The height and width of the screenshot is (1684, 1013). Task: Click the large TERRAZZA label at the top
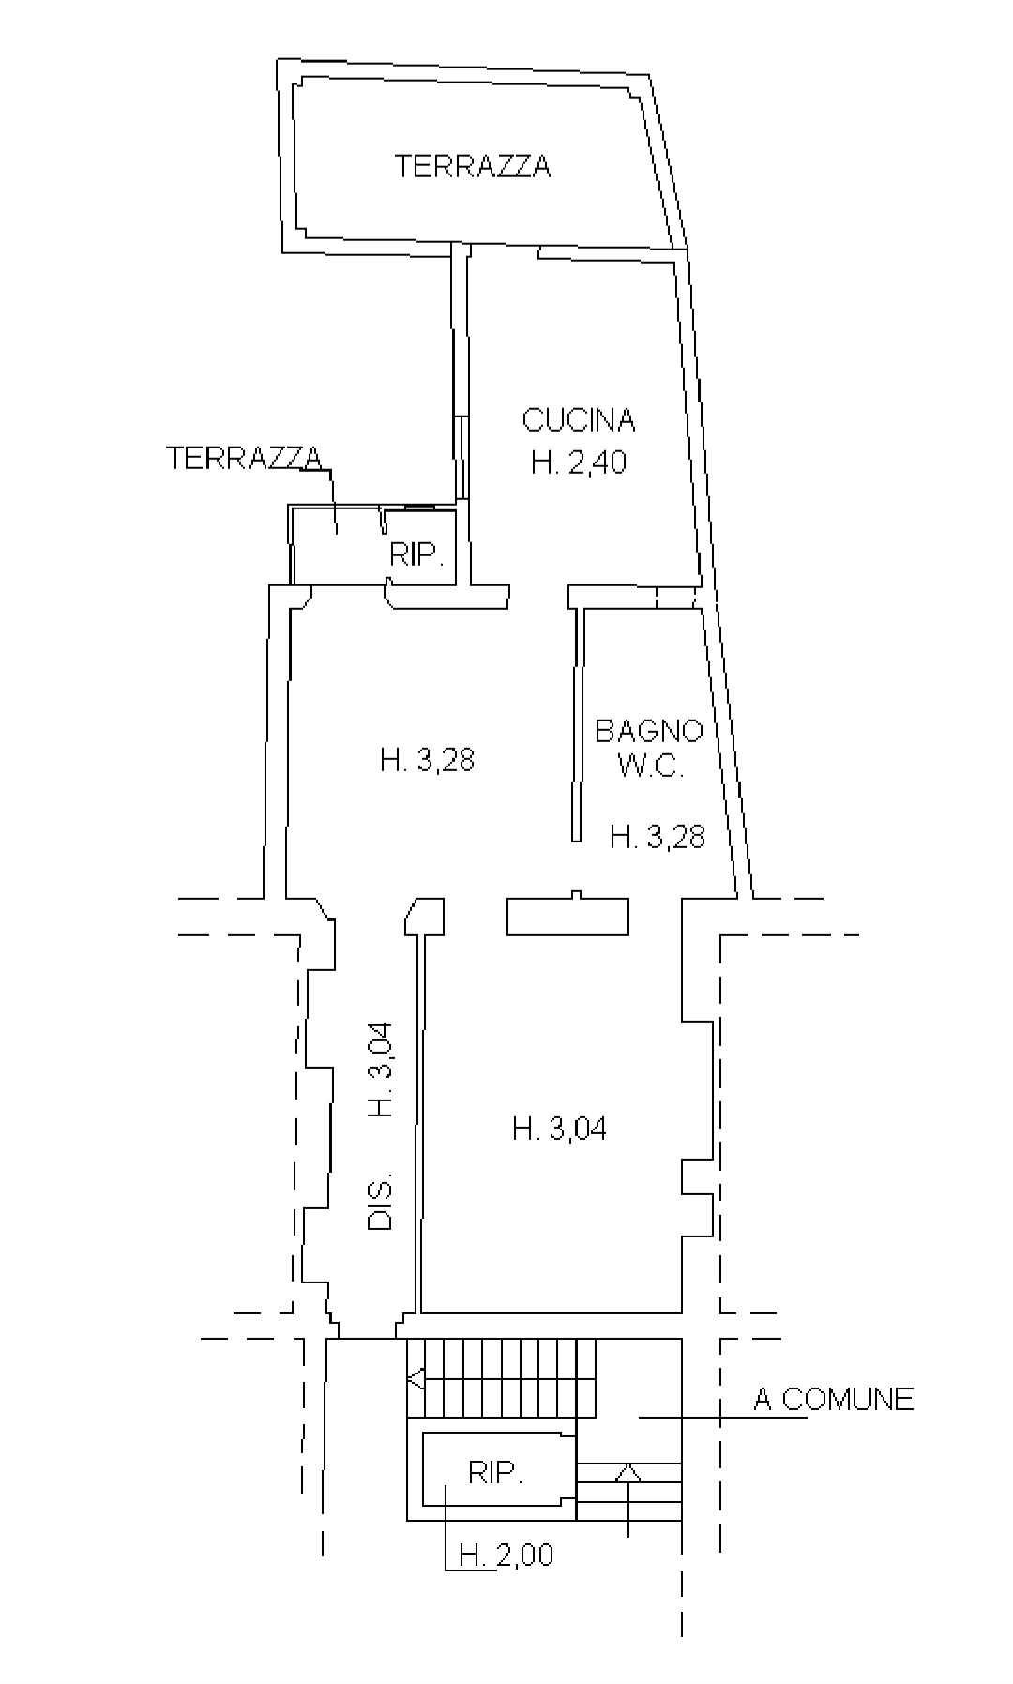[473, 166]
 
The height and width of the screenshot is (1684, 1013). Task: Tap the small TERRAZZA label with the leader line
[244, 458]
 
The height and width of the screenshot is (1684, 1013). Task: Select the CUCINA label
[579, 419]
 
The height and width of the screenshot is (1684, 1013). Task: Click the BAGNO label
[649, 730]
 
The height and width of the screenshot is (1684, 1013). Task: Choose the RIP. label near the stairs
[494, 1473]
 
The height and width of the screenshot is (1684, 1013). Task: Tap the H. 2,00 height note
[506, 1555]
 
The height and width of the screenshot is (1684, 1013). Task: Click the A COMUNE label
[834, 1400]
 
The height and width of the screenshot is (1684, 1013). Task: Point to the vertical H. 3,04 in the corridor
[380, 1070]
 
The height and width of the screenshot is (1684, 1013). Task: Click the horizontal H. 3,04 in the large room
[559, 1128]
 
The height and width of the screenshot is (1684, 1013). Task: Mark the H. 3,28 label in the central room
[428, 759]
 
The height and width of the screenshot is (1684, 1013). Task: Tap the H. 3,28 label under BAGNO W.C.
[658, 835]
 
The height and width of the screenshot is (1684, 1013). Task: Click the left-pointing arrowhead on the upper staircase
[416, 1378]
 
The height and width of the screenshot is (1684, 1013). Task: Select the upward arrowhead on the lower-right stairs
[627, 1472]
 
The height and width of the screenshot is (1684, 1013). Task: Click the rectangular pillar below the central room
[567, 916]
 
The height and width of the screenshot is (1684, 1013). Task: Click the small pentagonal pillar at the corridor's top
[424, 916]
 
